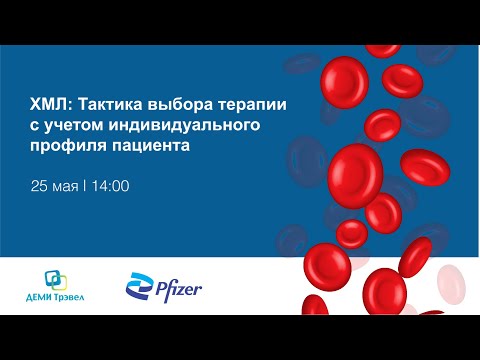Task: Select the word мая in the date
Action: coord(66,186)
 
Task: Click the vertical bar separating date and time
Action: coord(86,186)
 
